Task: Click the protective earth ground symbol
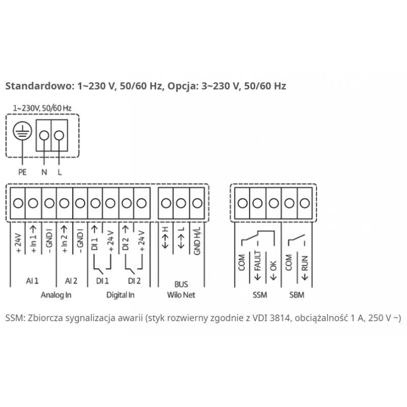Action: (22, 131)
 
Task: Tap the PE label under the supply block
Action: (22, 172)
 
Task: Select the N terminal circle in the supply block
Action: (44, 135)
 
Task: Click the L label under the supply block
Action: (60, 172)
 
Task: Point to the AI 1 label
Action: (32, 281)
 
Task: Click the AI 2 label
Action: (71, 281)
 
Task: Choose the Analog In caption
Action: (56, 295)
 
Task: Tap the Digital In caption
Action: (121, 295)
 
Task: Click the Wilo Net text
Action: (181, 295)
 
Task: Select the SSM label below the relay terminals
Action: (260, 295)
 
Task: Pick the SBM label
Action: (297, 295)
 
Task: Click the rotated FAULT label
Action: (257, 261)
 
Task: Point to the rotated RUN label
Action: (305, 263)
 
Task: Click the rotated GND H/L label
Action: (197, 241)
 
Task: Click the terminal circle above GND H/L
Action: (197, 203)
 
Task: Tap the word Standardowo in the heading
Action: (38, 86)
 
